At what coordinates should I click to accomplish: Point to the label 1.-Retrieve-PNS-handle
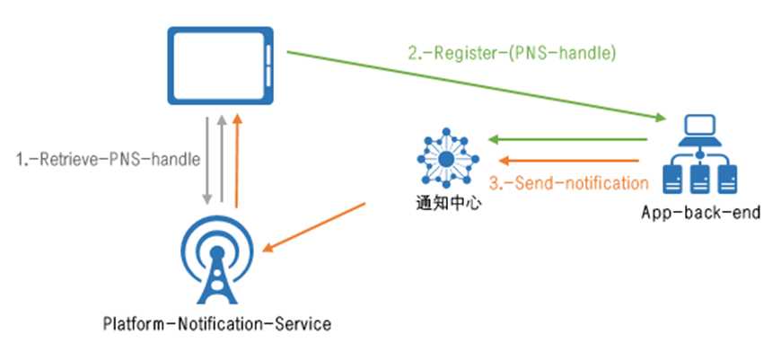tap(107, 159)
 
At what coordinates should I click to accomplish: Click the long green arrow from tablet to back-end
tap(476, 86)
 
